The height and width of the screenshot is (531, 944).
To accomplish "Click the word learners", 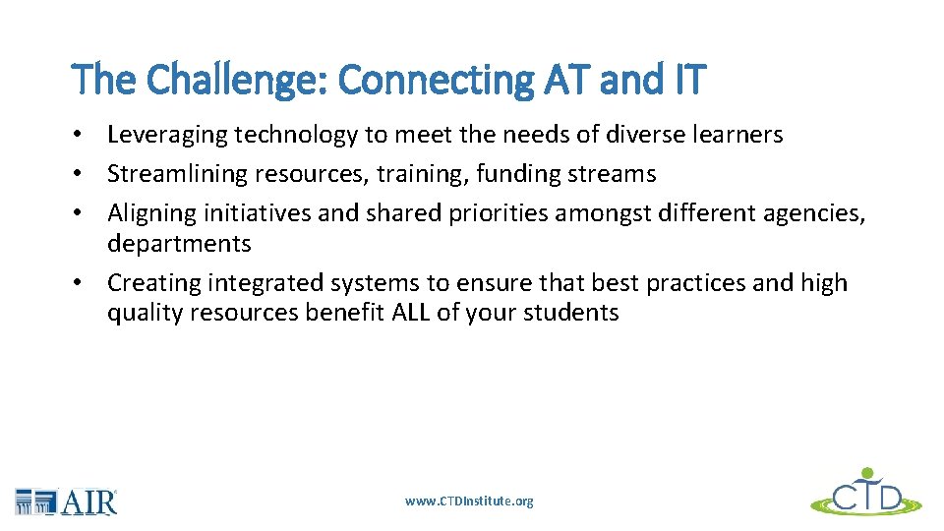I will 738,135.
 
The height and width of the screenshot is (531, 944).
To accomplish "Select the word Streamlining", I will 178,174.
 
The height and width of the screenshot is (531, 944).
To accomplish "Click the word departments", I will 179,244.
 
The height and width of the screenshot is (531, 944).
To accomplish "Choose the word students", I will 575,314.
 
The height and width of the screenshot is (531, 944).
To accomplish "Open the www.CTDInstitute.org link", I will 469,501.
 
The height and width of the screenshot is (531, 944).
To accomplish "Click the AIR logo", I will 67,501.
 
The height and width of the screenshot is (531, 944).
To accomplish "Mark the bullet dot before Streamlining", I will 88,175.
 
